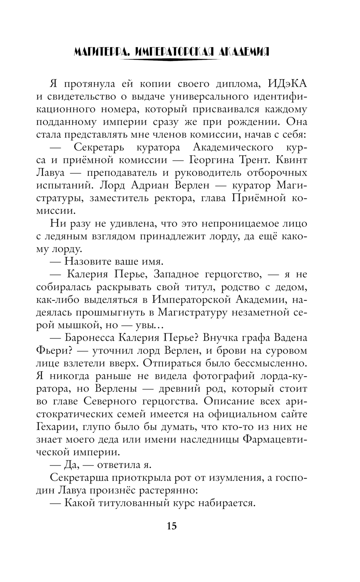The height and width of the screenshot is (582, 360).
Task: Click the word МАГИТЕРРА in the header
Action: coord(100,52)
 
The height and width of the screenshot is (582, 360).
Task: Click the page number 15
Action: coord(172,526)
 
